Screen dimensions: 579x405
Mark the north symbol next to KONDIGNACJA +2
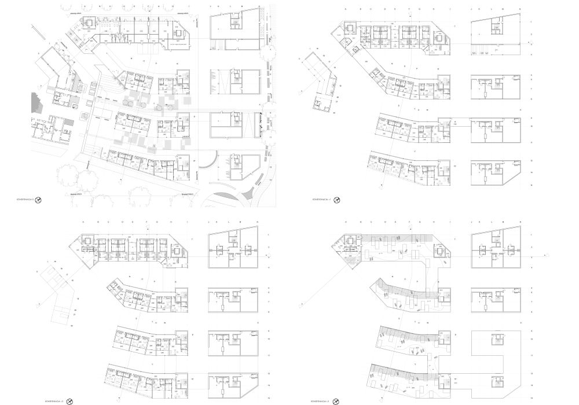(x=71, y=400)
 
